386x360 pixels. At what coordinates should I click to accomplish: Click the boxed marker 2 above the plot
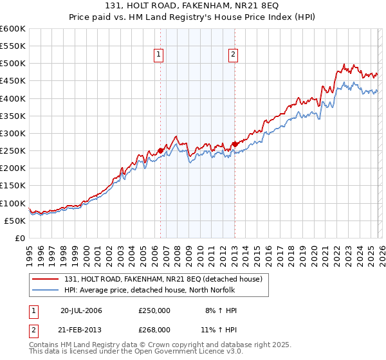pyautogui.click(x=233, y=55)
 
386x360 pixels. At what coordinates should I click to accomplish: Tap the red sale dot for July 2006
pyautogui.click(x=160, y=150)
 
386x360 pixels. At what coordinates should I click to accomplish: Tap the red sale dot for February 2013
pyautogui.click(x=235, y=144)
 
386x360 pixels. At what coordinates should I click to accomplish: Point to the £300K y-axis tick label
pyautogui.click(x=13, y=134)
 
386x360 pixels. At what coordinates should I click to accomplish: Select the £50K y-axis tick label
pyautogui.click(x=15, y=221)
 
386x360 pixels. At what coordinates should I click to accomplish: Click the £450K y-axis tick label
pyautogui.click(x=13, y=81)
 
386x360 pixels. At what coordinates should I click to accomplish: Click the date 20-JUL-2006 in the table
pyautogui.click(x=81, y=310)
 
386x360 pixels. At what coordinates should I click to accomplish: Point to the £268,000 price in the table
pyautogui.click(x=154, y=329)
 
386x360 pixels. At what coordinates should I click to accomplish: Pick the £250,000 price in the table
pyautogui.click(x=154, y=310)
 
